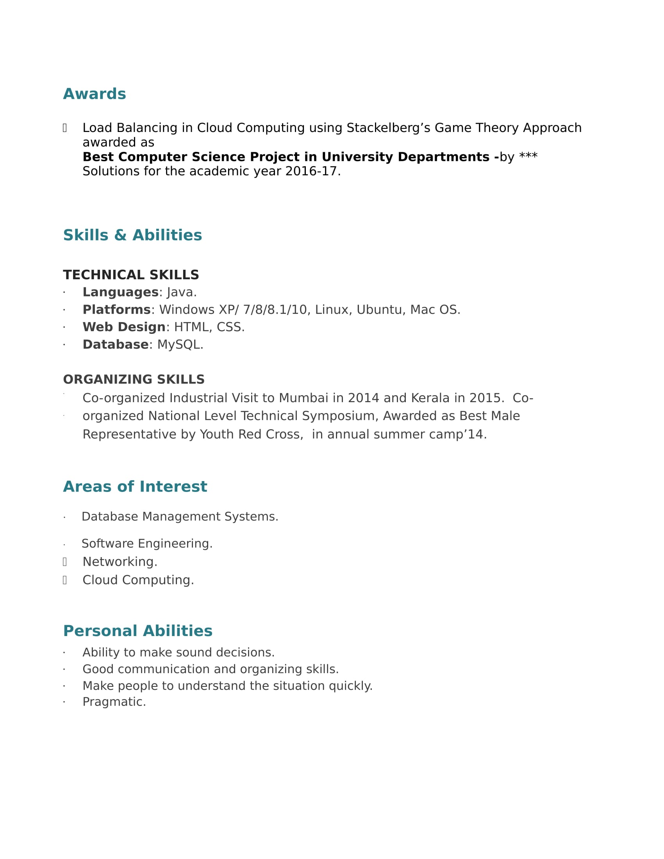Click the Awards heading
(x=95, y=94)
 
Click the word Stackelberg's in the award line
(x=388, y=128)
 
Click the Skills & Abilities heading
(x=132, y=235)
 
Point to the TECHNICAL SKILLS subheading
(x=130, y=275)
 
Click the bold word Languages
(x=120, y=292)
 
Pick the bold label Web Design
(x=124, y=327)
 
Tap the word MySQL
(x=178, y=344)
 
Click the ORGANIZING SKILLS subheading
(x=134, y=379)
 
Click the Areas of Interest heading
(x=135, y=487)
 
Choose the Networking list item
(x=120, y=561)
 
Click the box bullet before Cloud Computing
(x=65, y=580)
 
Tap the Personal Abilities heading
(x=137, y=631)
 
